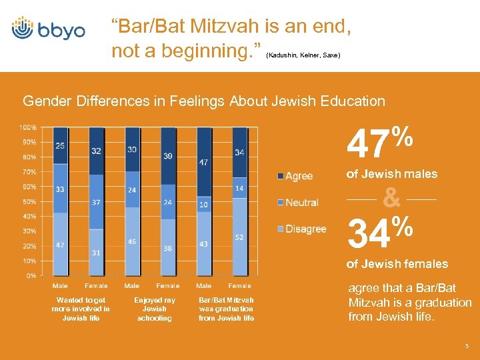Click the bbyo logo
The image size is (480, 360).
point(49,30)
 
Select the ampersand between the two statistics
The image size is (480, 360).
point(392,198)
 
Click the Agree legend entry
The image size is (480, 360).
point(295,176)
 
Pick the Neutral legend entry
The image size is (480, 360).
point(298,202)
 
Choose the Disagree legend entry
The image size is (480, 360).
point(302,229)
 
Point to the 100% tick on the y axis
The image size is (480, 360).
point(28,127)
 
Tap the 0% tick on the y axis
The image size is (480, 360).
point(31,275)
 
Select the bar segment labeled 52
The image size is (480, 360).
point(239,237)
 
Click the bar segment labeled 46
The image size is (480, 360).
point(132,241)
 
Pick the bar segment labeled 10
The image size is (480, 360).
point(203,204)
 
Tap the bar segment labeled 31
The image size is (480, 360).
point(96,252)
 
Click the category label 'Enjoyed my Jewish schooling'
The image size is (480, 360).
point(155,309)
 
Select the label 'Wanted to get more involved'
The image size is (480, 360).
point(81,309)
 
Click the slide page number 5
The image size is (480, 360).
point(467,347)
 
